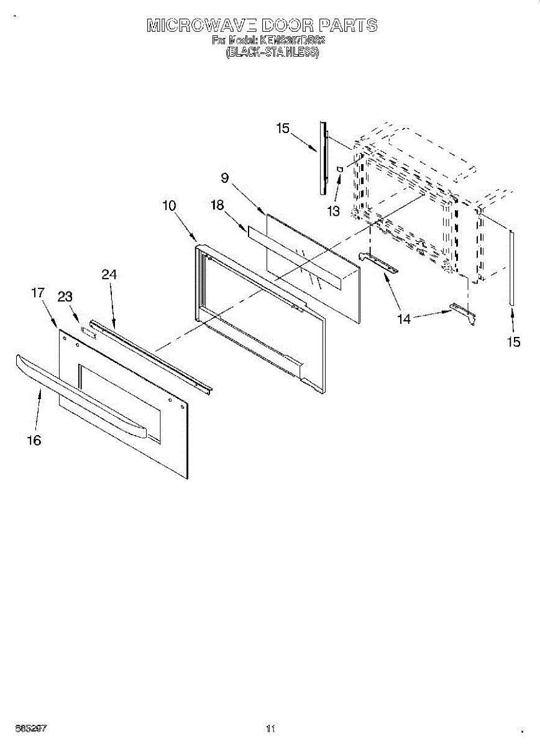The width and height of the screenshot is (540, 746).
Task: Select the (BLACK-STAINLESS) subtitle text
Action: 272,53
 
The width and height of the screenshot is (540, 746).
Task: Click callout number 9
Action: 224,178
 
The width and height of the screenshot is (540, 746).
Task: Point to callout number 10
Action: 170,205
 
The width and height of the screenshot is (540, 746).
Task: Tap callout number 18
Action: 217,206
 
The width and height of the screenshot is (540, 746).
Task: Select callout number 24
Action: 109,274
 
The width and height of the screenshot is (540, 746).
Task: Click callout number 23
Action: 65,297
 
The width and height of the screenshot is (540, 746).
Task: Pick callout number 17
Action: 38,292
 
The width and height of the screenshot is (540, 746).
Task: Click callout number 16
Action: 34,440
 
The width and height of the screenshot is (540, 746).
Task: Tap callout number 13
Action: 334,211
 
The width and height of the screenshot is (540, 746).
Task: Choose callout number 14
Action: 404,319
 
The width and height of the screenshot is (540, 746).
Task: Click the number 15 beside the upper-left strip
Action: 283,128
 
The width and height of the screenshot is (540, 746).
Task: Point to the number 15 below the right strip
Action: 513,342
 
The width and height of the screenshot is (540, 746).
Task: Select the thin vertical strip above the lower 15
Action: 511,267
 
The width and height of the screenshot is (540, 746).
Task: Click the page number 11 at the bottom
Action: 270,728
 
